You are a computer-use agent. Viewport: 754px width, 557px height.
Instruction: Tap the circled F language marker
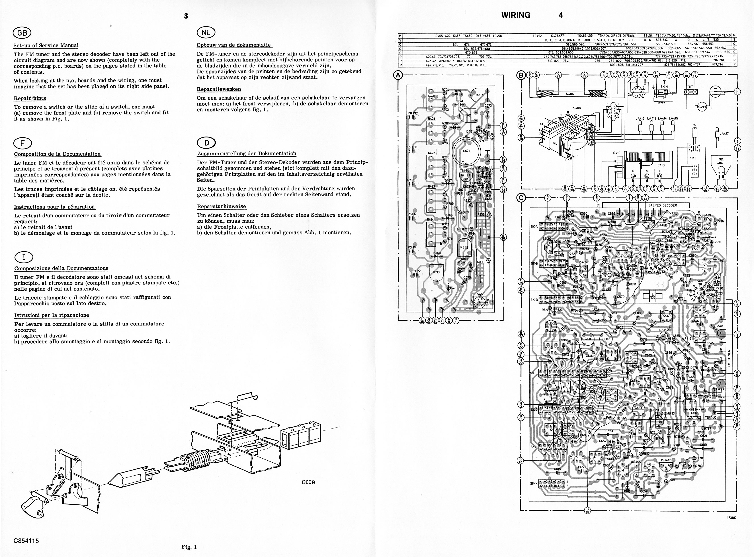point(23,143)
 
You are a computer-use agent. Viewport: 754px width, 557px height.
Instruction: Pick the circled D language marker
point(206,143)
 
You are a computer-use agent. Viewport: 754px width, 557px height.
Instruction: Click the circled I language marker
point(24,257)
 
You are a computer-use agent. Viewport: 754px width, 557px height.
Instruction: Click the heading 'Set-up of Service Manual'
point(46,45)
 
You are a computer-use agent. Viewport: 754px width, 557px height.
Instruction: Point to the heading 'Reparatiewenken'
point(219,89)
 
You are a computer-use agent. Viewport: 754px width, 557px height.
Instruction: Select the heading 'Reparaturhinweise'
point(221,206)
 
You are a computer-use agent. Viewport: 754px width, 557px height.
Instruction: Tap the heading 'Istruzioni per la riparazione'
point(52,315)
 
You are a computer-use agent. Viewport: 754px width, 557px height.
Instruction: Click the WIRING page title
point(516,15)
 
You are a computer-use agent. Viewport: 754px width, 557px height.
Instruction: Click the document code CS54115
point(26,541)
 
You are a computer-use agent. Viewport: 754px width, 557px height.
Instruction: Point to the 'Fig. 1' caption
point(189,547)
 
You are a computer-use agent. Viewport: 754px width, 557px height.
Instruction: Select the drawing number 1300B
point(308,482)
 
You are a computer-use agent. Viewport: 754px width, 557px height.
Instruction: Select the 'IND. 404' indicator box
point(720,161)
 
